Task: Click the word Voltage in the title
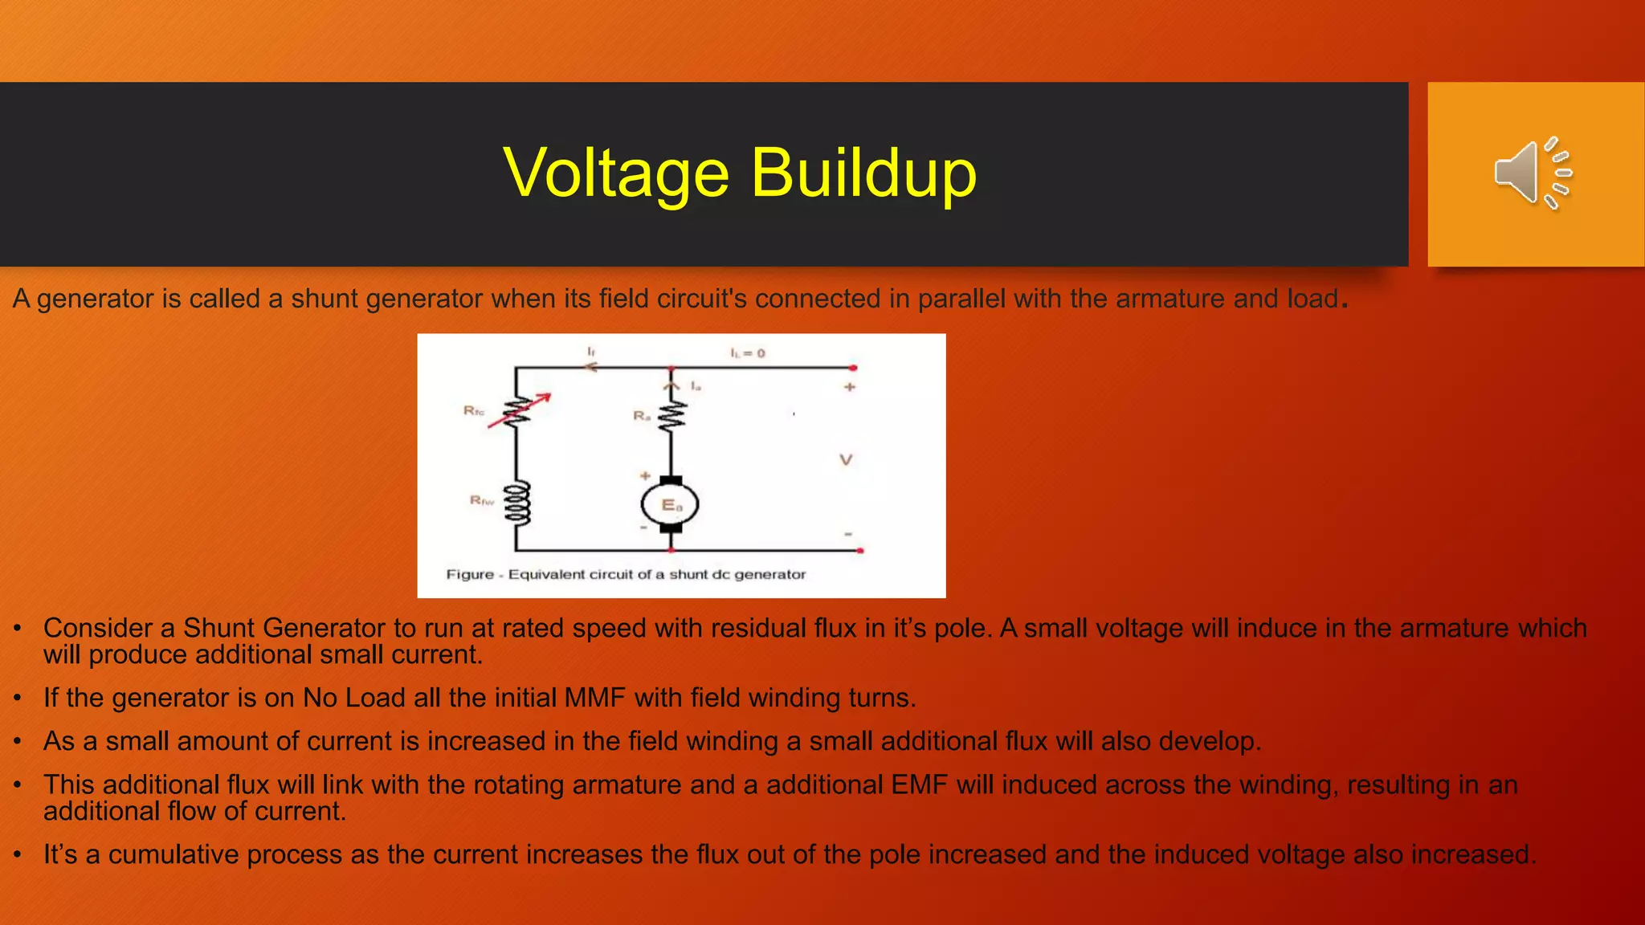615,173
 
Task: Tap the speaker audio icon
1533,173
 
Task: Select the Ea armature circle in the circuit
670,505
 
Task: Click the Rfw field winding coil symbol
517,503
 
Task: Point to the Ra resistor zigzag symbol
671,416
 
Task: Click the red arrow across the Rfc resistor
520,410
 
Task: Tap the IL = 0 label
747,353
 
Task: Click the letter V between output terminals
846,460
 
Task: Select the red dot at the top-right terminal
853,368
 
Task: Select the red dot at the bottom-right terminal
860,551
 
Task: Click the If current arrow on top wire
591,367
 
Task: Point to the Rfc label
474,411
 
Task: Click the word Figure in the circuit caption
470,575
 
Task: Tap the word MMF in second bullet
594,698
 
